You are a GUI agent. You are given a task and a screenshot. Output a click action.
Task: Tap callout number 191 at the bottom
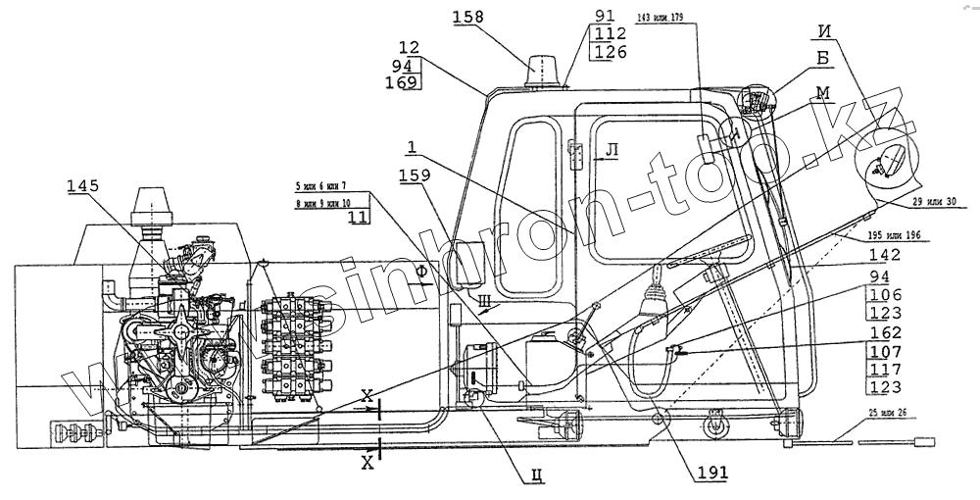(x=708, y=474)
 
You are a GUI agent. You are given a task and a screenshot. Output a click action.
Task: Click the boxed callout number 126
(x=608, y=51)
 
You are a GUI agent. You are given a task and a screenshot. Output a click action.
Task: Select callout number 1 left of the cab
(x=413, y=147)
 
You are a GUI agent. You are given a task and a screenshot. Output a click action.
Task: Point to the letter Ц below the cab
(x=535, y=477)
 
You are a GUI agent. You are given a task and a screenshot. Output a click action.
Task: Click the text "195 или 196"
(x=896, y=235)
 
